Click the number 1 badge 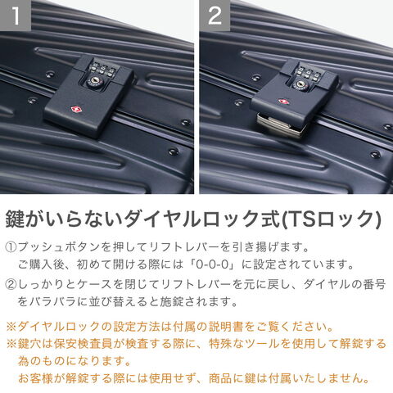[16, 16]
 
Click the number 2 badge [215, 16]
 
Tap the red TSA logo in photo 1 [75, 110]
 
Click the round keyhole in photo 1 [95, 80]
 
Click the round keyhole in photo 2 [301, 84]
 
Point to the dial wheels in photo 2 [309, 71]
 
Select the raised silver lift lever [281, 125]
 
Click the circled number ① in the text [11, 247]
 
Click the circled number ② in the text [11, 285]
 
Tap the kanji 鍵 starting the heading [15, 219]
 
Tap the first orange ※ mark [11, 327]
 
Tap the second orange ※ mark [11, 344]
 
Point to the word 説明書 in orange [226, 327]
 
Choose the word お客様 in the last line [35, 378]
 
